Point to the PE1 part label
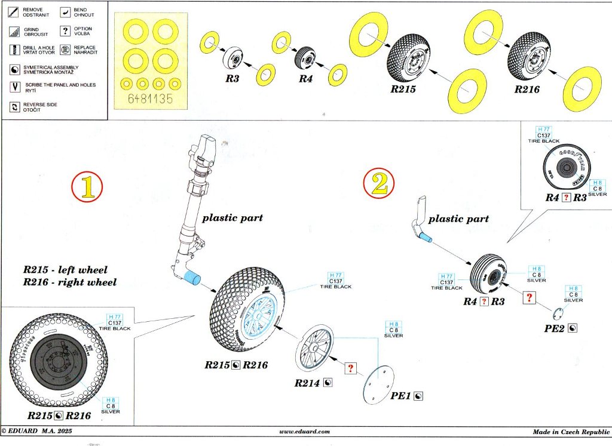pyautogui.click(x=400, y=395)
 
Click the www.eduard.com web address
pyautogui.click(x=304, y=432)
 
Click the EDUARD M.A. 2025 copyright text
pyautogui.click(x=36, y=432)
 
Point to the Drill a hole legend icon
pyautogui.click(x=14, y=50)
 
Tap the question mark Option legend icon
pyautogui.click(x=65, y=30)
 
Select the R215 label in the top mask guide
pyautogui.click(x=405, y=89)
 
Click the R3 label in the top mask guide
pyautogui.click(x=232, y=78)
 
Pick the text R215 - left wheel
pyautogui.click(x=66, y=270)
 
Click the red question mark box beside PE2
pyautogui.click(x=529, y=297)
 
